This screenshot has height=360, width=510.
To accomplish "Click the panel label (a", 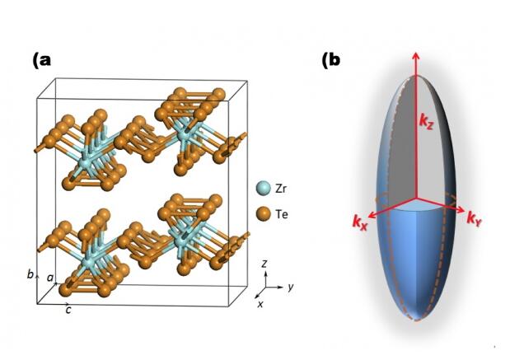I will coord(42,61).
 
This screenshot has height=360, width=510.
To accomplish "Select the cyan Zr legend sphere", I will coord(262,189).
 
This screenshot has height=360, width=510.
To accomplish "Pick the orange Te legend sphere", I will coord(262,214).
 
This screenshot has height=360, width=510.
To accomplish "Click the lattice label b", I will coord(30,274).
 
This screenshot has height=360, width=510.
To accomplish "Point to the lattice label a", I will coord(49,280).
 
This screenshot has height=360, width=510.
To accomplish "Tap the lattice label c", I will coord(68,309).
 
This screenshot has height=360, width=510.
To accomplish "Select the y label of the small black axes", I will coord(292,287).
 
